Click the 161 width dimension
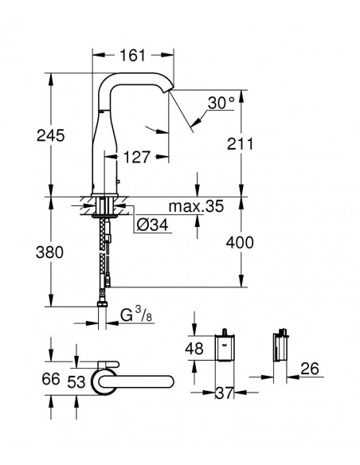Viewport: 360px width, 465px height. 132,56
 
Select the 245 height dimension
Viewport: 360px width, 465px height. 50,135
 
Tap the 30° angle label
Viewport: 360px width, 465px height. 221,103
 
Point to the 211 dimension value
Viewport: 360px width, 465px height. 241,144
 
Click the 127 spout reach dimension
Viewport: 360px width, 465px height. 137,157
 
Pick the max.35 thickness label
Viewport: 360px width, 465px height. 196,206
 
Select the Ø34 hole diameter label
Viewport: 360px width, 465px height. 152,225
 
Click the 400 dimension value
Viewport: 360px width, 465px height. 240,242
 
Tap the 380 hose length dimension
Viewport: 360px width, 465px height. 49,252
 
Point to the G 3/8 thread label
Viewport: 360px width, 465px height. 136,315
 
